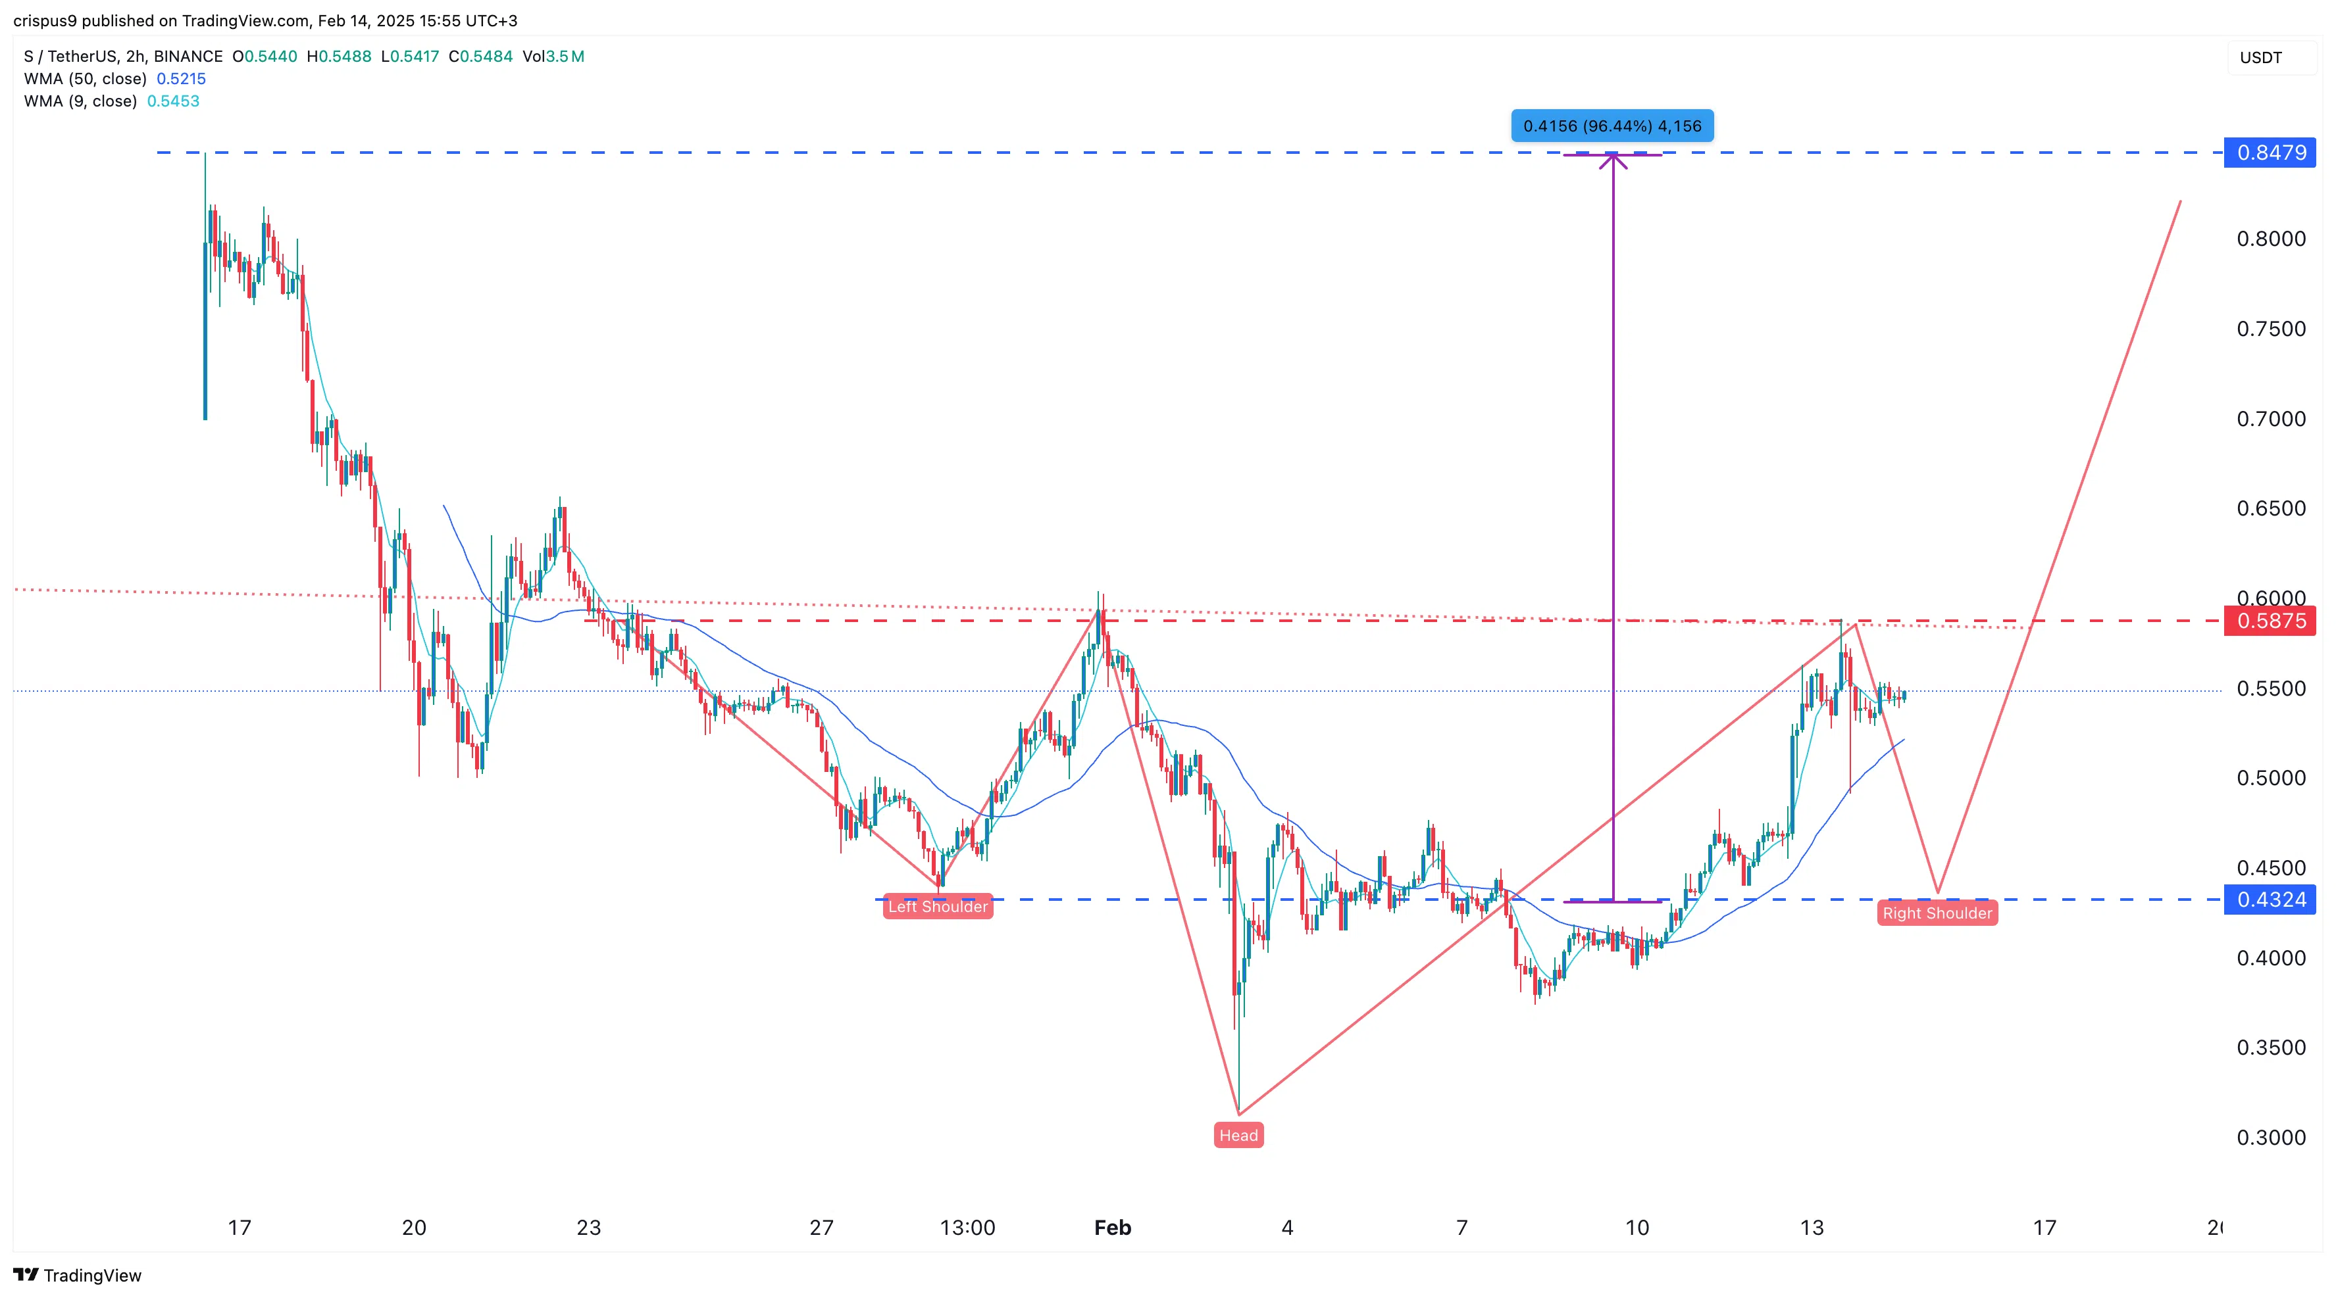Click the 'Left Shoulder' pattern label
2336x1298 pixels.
pos(938,906)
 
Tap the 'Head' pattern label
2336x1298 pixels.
pos(1238,1135)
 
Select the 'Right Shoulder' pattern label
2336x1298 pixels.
pos(1937,913)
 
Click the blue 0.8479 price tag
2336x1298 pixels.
pos(2270,153)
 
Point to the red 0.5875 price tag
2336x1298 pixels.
pos(2270,621)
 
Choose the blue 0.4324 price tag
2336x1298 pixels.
pos(2270,899)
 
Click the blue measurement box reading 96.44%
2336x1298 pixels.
pos(1612,126)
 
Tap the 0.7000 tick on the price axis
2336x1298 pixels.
pos(2270,419)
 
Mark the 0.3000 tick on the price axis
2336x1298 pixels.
pos(2270,1138)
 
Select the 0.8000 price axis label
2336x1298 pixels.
pos(2270,239)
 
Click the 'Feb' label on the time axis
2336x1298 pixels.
pos(1112,1227)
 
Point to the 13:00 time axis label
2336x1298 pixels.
pos(967,1227)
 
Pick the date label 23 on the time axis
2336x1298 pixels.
pos(588,1227)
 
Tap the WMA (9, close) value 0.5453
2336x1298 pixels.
pos(173,101)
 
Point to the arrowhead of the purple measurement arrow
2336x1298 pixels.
pos(1612,158)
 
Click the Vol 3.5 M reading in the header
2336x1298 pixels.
pos(553,56)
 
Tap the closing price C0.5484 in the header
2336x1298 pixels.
pos(480,56)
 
